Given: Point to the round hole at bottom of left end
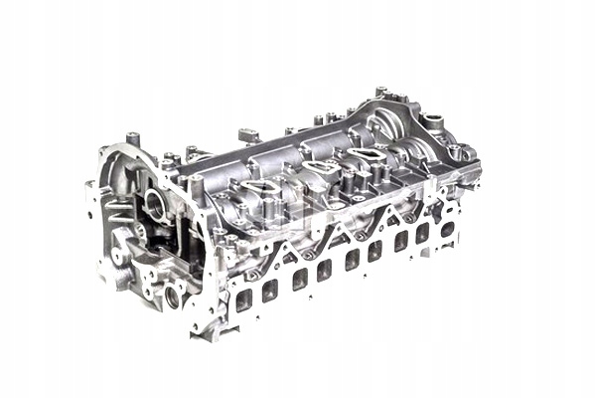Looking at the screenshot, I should click(175, 296).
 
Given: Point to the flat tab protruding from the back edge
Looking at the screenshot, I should click(249, 132).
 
